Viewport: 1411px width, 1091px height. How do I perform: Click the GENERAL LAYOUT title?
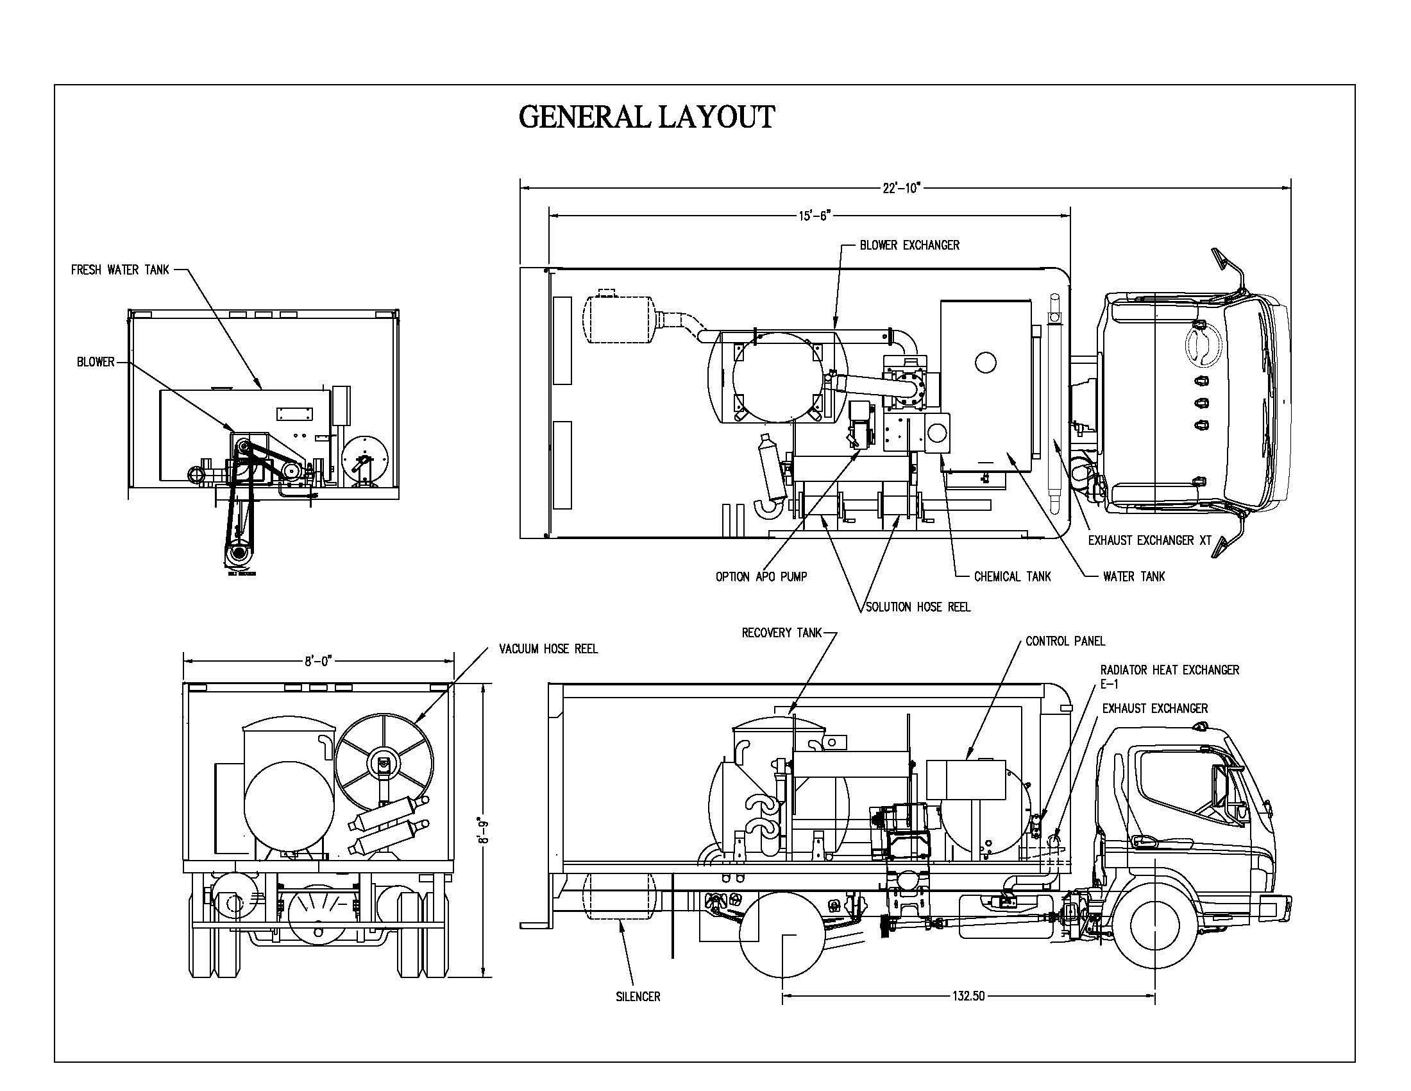[x=646, y=117]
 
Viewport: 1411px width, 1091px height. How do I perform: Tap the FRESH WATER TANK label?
[x=119, y=270]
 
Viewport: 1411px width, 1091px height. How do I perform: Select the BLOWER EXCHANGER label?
[x=909, y=246]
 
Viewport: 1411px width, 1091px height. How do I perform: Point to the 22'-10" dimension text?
[x=900, y=188]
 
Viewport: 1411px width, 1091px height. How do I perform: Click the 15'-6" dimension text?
[x=811, y=216]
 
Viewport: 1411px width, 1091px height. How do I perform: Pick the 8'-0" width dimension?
[x=319, y=660]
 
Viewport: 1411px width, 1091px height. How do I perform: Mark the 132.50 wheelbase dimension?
[x=968, y=996]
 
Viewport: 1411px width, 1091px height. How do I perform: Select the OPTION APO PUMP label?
[x=761, y=576]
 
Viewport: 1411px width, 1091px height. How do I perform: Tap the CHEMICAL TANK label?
[x=1012, y=576]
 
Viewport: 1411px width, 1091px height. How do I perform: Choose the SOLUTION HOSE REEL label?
[x=918, y=608]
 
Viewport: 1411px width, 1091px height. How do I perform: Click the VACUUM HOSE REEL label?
[x=548, y=649]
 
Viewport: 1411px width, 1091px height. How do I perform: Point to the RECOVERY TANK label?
[x=781, y=633]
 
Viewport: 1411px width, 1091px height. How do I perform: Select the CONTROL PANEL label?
[x=1065, y=641]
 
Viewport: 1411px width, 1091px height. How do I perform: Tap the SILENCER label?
[x=638, y=997]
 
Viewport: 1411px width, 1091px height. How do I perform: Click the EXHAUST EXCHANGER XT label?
[x=1149, y=540]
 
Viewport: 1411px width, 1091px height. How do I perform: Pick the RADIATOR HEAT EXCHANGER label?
[x=1170, y=670]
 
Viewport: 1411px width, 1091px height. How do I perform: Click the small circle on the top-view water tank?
[x=986, y=363]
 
